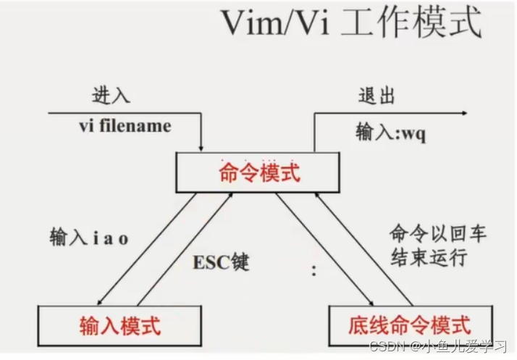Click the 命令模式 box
[258, 173]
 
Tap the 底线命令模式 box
[411, 325]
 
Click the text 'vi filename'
[125, 126]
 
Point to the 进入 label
[111, 96]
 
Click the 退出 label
[377, 96]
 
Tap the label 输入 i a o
[88, 238]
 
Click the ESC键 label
[220, 262]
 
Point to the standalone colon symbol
[314, 272]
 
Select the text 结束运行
[428, 257]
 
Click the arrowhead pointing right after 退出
[462, 114]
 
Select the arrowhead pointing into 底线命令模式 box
[371, 302]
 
